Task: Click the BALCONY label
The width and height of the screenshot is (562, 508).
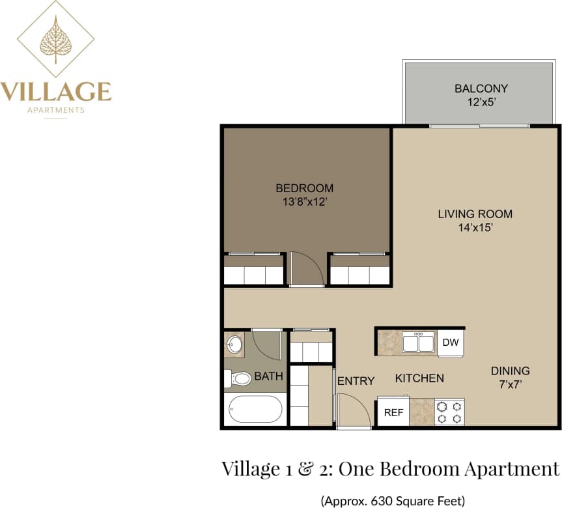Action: [481, 88]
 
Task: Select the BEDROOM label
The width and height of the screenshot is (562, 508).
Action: [305, 188]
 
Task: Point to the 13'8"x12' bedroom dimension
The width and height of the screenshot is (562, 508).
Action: [305, 202]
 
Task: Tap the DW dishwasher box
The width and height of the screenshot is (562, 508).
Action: [450, 342]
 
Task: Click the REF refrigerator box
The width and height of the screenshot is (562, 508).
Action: [393, 412]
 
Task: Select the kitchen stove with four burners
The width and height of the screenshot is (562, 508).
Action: [449, 412]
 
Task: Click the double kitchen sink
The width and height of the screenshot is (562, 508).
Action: [418, 342]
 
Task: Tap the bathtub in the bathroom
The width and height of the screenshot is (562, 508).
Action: [255, 409]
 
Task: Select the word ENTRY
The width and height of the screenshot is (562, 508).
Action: [356, 381]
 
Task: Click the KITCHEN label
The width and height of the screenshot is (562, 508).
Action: [420, 378]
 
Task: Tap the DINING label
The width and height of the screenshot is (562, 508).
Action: [510, 371]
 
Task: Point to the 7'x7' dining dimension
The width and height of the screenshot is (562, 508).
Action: [510, 384]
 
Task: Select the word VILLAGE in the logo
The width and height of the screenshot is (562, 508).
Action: [56, 91]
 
